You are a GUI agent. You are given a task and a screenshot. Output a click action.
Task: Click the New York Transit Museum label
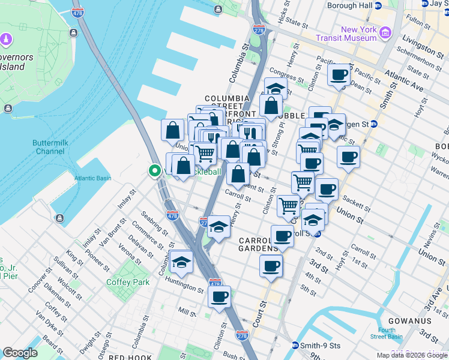359,34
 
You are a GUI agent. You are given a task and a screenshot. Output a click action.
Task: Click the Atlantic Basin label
92,178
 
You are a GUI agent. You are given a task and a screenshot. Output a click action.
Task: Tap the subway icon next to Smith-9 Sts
295,346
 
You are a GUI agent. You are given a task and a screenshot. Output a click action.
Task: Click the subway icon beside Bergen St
373,124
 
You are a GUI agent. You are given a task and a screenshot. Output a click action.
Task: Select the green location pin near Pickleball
154,172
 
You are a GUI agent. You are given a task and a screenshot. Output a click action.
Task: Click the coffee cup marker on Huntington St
220,295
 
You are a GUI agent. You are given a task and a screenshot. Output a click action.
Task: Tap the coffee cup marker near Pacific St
339,75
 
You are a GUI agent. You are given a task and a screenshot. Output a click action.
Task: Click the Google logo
20,353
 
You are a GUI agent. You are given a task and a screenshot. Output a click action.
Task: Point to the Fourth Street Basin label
387,333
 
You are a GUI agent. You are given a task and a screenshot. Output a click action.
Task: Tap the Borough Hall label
350,5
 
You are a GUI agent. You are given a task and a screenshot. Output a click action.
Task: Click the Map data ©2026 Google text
412,355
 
